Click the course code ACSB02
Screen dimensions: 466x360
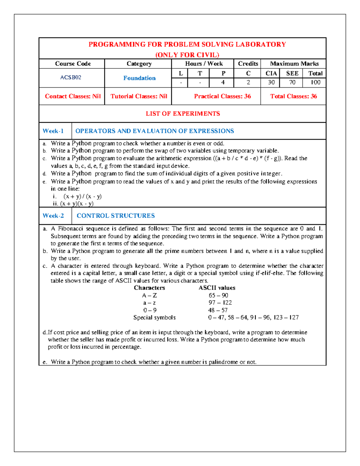click(71, 77)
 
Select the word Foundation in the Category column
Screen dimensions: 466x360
click(139, 78)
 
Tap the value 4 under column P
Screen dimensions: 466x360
click(223, 83)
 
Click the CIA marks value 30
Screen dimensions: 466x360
click(271, 83)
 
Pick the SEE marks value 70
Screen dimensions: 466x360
click(292, 83)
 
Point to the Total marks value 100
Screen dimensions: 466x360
click(315, 83)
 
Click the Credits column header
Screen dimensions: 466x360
click(248, 64)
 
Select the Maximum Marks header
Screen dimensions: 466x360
click(294, 64)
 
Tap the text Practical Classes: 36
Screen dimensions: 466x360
click(222, 96)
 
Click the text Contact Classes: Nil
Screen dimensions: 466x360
click(73, 96)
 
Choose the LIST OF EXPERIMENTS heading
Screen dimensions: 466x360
click(183, 114)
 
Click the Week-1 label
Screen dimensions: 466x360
click(53, 131)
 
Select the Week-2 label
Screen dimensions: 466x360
click(53, 216)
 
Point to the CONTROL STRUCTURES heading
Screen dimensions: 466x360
click(116, 216)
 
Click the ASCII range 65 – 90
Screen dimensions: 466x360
click(218, 296)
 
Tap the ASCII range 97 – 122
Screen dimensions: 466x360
click(220, 303)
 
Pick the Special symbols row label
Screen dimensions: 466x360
click(154, 317)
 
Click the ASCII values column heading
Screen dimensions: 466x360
click(217, 288)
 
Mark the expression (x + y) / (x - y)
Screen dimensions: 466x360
click(82, 197)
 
